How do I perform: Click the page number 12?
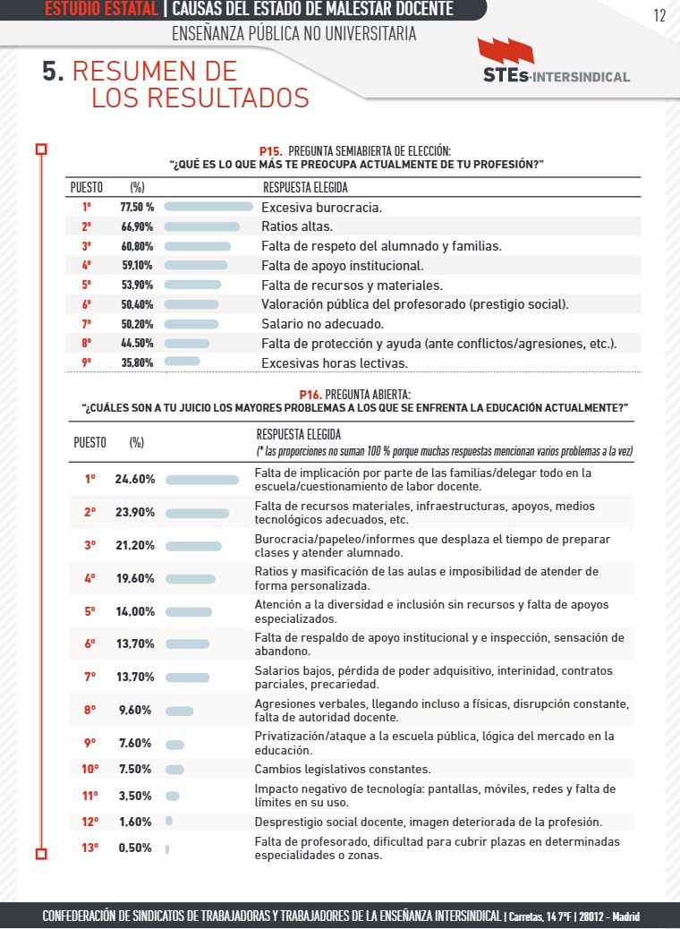pyautogui.click(x=659, y=15)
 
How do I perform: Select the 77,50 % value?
pyautogui.click(x=138, y=208)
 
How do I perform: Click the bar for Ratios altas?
pyautogui.click(x=202, y=226)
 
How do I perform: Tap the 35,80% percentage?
pyautogui.click(x=137, y=363)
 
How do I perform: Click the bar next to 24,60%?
pyautogui.click(x=202, y=480)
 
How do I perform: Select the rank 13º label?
pyautogui.click(x=89, y=848)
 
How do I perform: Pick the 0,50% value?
pyautogui.click(x=135, y=848)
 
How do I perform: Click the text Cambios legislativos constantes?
pyautogui.click(x=343, y=769)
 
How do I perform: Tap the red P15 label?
pyautogui.click(x=270, y=152)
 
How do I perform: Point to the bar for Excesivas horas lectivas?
pyautogui.click(x=183, y=362)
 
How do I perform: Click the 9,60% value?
pyautogui.click(x=135, y=711)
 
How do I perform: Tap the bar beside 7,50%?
pyautogui.click(x=174, y=770)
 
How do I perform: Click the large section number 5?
pyautogui.click(x=52, y=72)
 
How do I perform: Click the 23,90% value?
pyautogui.click(x=135, y=513)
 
